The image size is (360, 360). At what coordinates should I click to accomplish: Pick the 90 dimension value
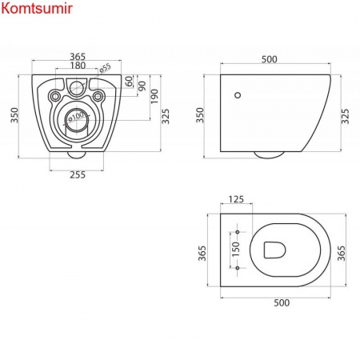pos(141,86)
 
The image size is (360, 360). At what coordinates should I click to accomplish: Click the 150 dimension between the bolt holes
pos(224,248)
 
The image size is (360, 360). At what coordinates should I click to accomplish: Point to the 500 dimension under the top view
pos(277,304)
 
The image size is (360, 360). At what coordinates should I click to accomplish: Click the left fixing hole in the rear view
pos(55,97)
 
